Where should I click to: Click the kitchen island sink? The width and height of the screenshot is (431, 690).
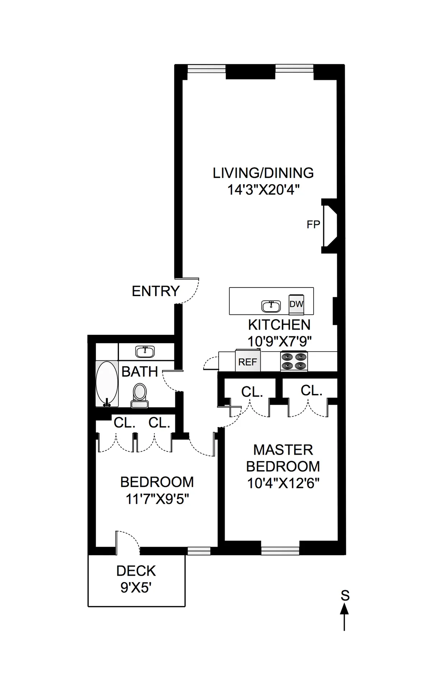click(271, 306)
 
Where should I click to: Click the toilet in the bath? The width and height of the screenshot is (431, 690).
click(140, 395)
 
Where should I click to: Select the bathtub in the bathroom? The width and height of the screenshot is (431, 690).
click(107, 384)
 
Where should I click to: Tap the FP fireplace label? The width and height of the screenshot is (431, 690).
click(313, 225)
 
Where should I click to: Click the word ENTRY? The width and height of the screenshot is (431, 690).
click(156, 291)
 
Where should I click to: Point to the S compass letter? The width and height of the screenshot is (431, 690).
click(345, 595)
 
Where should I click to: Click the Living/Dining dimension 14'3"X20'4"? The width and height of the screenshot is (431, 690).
click(263, 190)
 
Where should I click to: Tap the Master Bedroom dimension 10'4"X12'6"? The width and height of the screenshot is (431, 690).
click(283, 483)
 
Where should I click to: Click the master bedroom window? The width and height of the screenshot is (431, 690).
click(280, 551)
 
